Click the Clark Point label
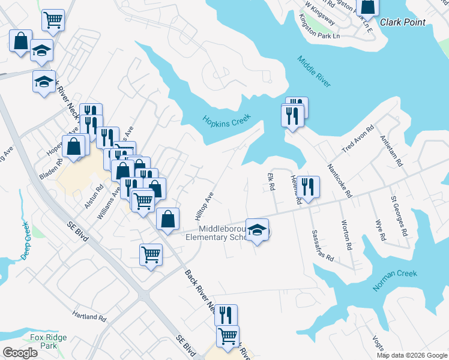coord(402,22)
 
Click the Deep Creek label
coord(26,240)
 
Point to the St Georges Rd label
coord(399,214)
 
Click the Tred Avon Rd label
coord(358,139)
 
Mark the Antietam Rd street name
coord(391,149)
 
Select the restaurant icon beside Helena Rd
coord(310,187)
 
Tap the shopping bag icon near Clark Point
coord(367,7)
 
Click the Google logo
coord(20,353)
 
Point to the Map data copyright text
coord(411,355)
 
